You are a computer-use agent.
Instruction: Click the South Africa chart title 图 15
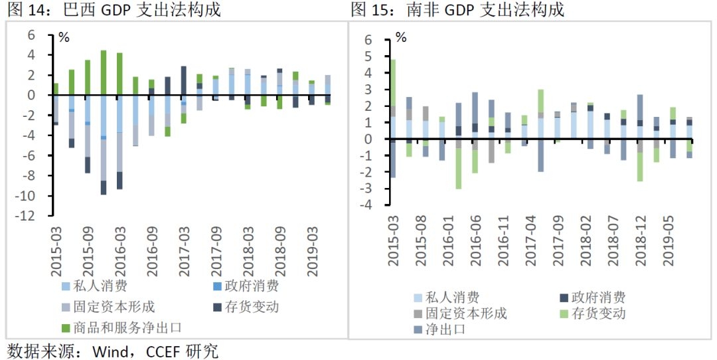point(368,10)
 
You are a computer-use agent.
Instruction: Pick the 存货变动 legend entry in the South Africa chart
point(598,313)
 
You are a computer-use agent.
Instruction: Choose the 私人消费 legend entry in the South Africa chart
point(452,297)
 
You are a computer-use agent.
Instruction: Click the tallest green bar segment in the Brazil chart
point(104,72)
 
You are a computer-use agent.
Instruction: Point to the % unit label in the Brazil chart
point(64,37)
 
